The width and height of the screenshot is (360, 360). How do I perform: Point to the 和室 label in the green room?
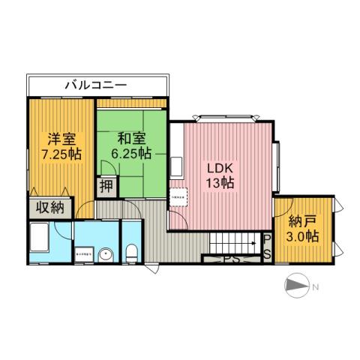pyautogui.click(x=130, y=138)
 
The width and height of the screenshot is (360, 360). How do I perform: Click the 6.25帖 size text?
pyautogui.click(x=130, y=153)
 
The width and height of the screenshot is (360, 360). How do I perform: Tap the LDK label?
pyautogui.click(x=220, y=168)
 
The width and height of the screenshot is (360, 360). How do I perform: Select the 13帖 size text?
pyautogui.click(x=220, y=183)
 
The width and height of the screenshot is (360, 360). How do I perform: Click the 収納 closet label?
pyautogui.click(x=46, y=207)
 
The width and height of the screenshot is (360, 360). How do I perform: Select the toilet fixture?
pyautogui.click(x=132, y=253)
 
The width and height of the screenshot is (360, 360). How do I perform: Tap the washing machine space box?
pyautogui.click(x=84, y=254)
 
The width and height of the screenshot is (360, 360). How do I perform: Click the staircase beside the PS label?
pyautogui.click(x=233, y=243)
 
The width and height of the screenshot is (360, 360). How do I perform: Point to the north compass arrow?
pyautogui.click(x=297, y=286)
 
